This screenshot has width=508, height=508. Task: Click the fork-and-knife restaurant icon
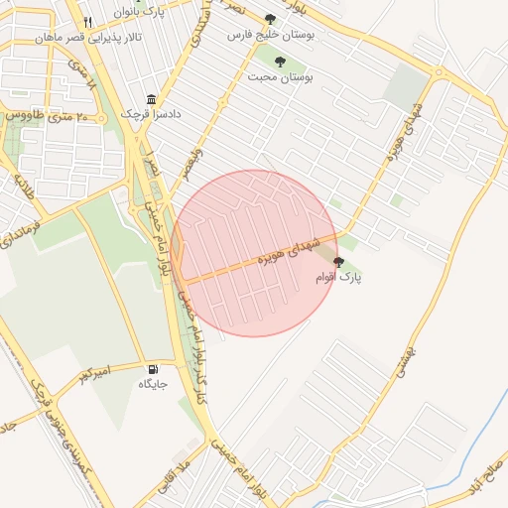pos(88,21)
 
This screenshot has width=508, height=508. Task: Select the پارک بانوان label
pos(138,12)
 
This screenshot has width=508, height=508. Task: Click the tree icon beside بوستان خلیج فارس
pos(271,19)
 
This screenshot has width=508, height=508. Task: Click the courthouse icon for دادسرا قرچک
pos(151,99)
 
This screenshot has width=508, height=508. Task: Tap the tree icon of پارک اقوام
pos(339,262)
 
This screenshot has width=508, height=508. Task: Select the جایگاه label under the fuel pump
pos(153,383)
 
